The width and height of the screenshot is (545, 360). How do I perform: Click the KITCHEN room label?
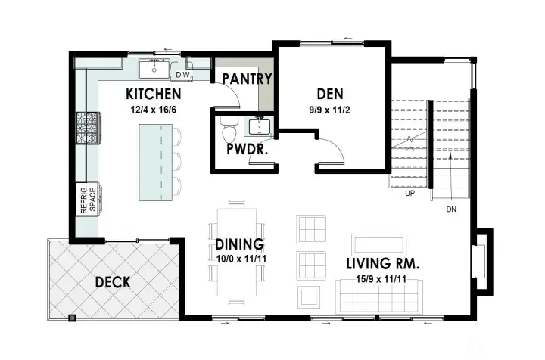point(153,95)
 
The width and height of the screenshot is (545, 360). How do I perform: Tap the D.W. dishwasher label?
point(182,75)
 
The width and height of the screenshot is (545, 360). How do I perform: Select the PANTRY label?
point(246,78)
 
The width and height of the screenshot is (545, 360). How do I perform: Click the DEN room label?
point(330,94)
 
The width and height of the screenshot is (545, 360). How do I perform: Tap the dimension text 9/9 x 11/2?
point(330,110)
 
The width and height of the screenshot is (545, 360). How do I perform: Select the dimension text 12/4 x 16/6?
point(153,110)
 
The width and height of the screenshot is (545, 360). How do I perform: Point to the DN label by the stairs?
point(451,209)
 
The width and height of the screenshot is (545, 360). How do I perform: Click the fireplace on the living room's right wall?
point(478,260)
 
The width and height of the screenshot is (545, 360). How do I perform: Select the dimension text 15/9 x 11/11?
point(382,280)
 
